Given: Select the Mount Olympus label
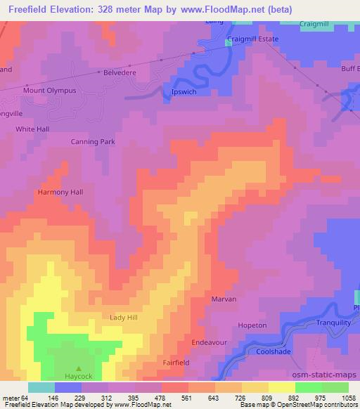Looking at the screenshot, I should [49, 91].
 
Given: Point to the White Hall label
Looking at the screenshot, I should [32, 129].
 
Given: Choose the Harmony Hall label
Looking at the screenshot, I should [60, 192].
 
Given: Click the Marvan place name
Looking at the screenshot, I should [224, 299].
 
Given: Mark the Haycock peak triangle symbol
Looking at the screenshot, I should [79, 368].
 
